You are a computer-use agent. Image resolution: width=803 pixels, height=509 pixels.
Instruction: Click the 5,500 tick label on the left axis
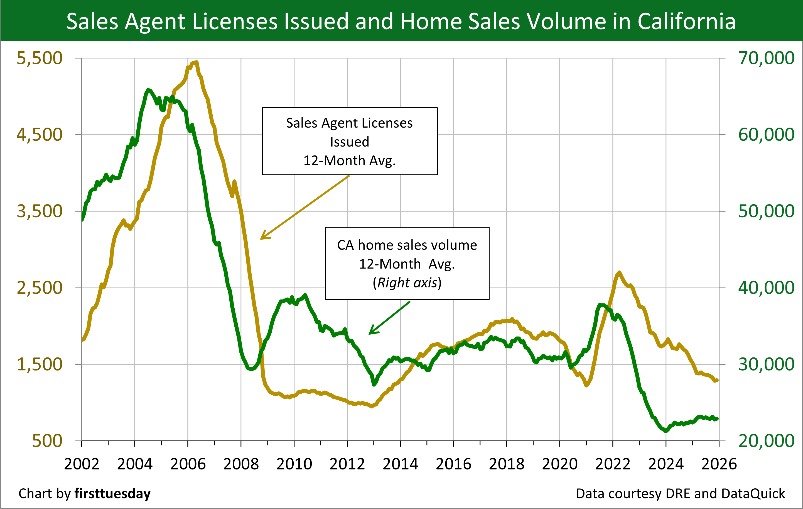[39, 58]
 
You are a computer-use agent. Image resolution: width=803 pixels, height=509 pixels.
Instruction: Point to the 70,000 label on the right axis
[766, 58]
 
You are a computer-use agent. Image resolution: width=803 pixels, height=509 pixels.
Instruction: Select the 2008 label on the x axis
[241, 464]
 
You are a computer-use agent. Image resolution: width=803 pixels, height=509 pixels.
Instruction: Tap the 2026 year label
[719, 464]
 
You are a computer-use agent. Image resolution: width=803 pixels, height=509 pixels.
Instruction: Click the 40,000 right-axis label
[766, 288]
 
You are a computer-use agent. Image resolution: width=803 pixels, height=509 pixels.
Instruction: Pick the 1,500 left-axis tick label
[39, 364]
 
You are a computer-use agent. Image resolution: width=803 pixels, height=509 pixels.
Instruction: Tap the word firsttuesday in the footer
[112, 493]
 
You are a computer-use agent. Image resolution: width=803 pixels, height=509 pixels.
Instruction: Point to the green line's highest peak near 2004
[148, 90]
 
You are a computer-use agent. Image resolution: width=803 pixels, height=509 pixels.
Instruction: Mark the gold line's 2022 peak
[619, 272]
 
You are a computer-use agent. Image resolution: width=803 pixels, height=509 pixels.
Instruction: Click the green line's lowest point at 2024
[666, 431]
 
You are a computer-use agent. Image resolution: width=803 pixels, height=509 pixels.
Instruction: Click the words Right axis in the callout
[407, 283]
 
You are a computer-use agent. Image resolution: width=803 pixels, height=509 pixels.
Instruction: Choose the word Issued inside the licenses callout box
[350, 142]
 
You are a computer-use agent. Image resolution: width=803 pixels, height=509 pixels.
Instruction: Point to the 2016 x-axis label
[453, 464]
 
